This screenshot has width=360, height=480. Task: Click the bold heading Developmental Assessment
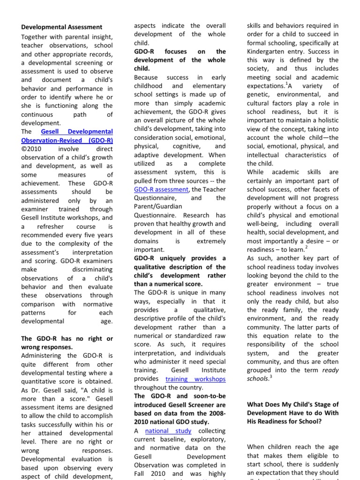[x=61, y=27]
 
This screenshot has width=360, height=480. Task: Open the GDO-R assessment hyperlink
[x=161, y=189]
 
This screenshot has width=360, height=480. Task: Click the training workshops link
[x=195, y=379]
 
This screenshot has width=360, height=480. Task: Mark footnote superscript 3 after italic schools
[x=270, y=375]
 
